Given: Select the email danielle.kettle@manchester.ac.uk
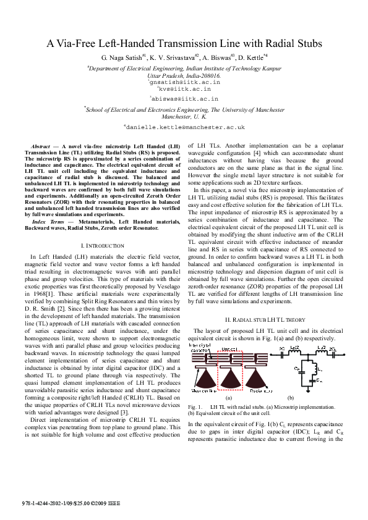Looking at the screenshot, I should coord(185,127).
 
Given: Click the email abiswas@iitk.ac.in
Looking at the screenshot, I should coord(184,98).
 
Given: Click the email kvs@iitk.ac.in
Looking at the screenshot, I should coord(184,89).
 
